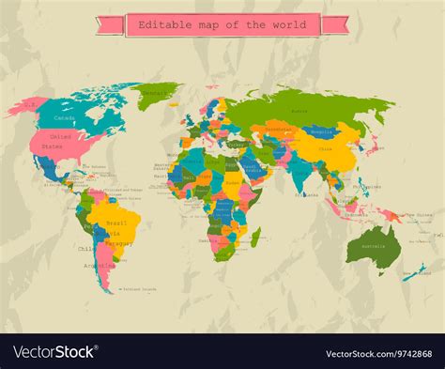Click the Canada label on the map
[65, 118]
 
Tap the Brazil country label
[117, 223]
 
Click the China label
[325, 147]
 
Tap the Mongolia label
[324, 132]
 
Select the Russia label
[299, 111]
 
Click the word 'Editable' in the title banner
[160, 24]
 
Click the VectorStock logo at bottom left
[54, 352]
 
